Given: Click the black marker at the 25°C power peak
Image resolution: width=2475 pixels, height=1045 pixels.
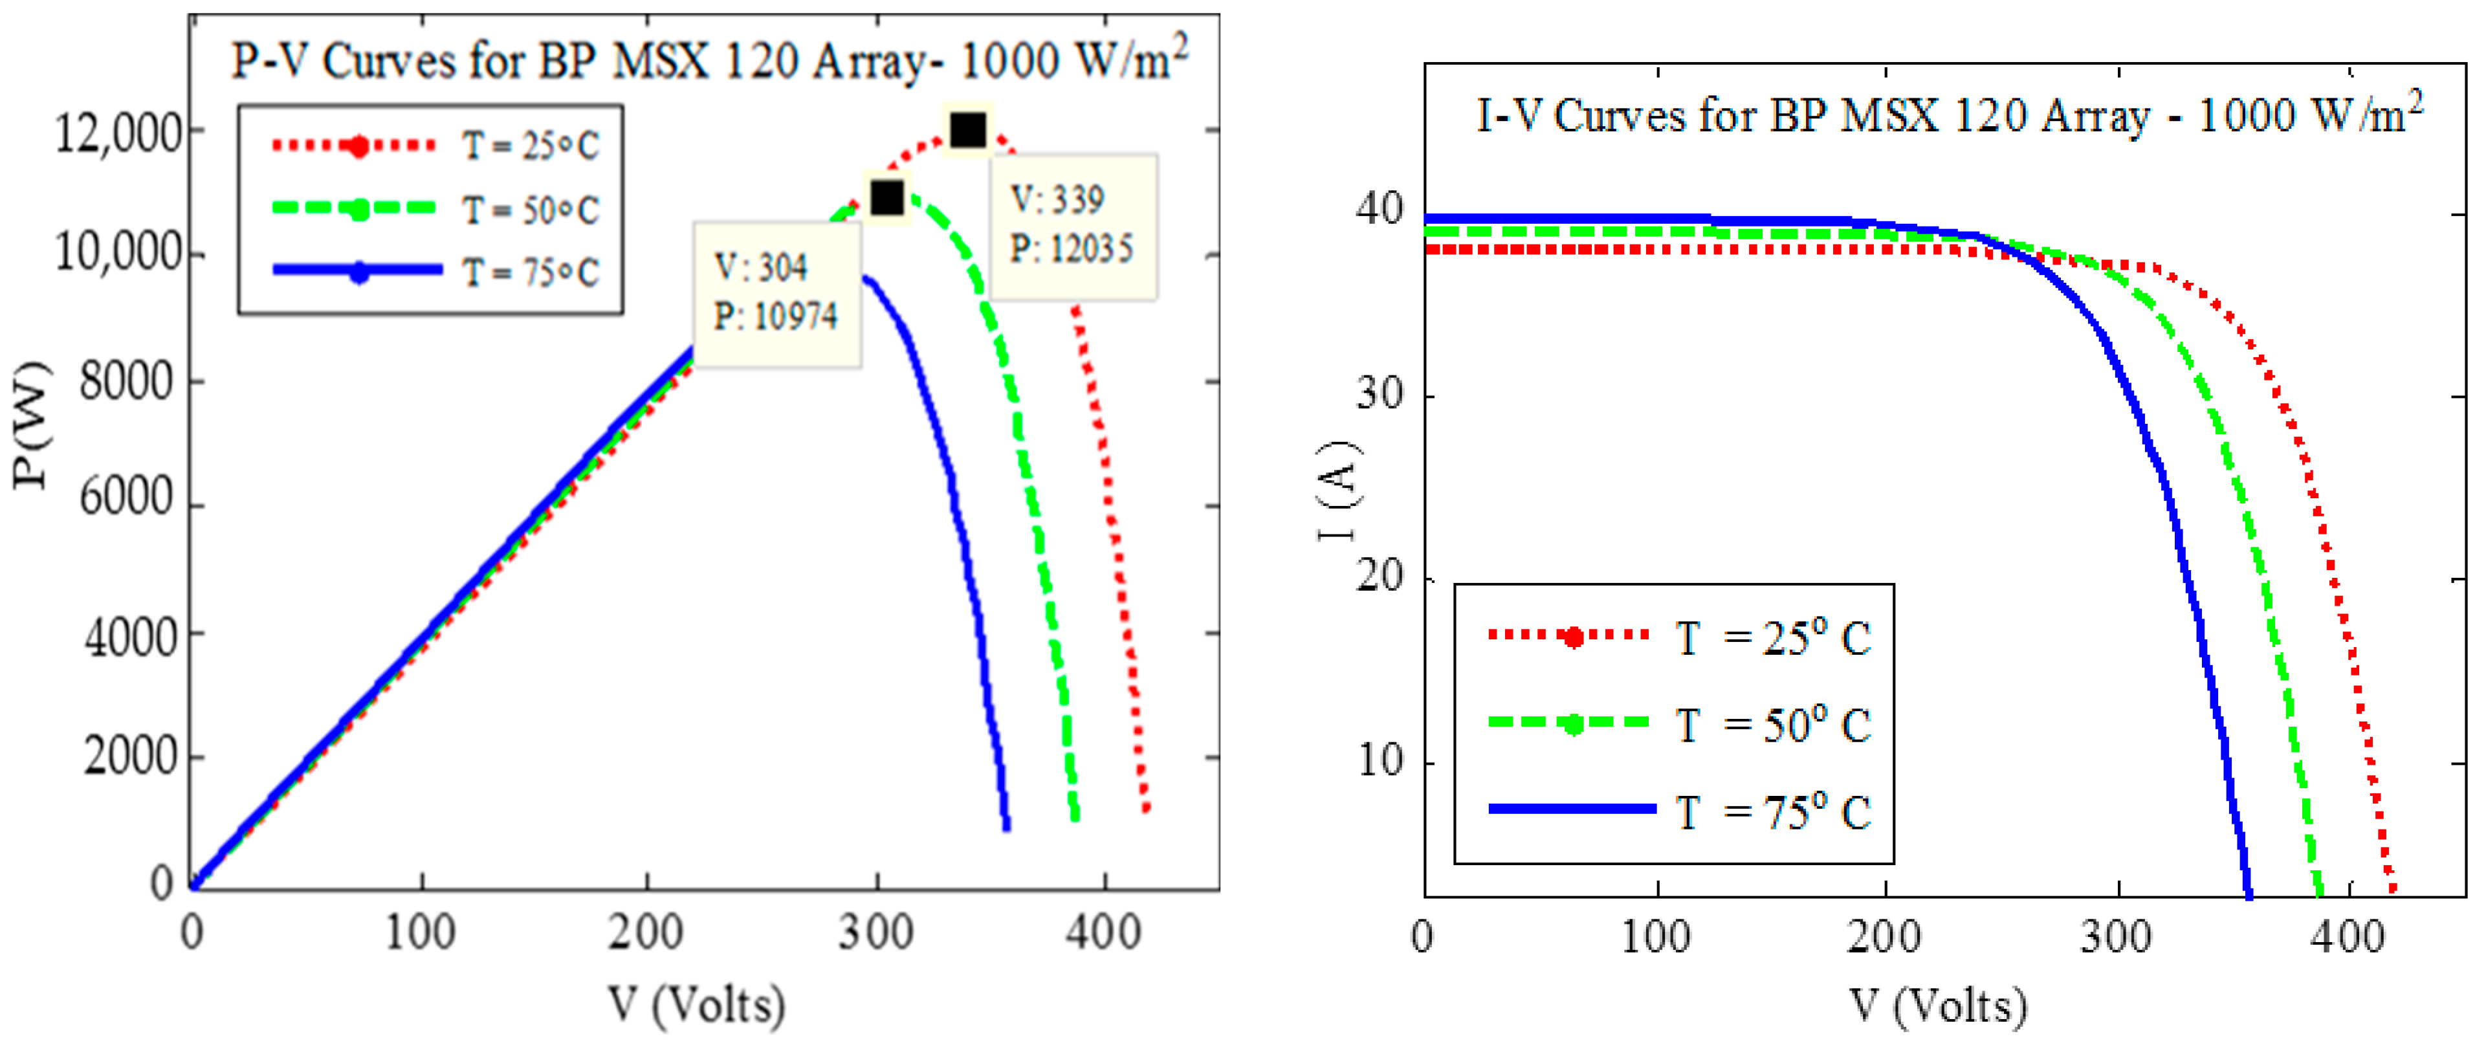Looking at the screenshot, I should [967, 129].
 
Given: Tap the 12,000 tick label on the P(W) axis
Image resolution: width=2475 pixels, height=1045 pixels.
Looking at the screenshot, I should [117, 133].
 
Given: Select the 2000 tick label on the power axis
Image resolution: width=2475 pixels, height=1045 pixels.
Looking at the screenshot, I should [131, 757].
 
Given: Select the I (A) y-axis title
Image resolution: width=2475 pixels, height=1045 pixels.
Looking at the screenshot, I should [1338, 490].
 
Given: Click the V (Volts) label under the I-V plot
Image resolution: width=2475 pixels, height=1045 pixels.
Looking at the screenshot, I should [1939, 1006].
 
